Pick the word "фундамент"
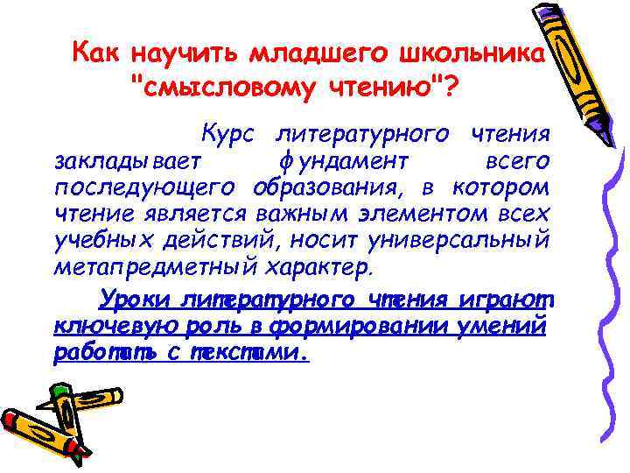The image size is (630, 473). [343, 163]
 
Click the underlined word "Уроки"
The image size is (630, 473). [134, 300]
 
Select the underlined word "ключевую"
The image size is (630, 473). [108, 327]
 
